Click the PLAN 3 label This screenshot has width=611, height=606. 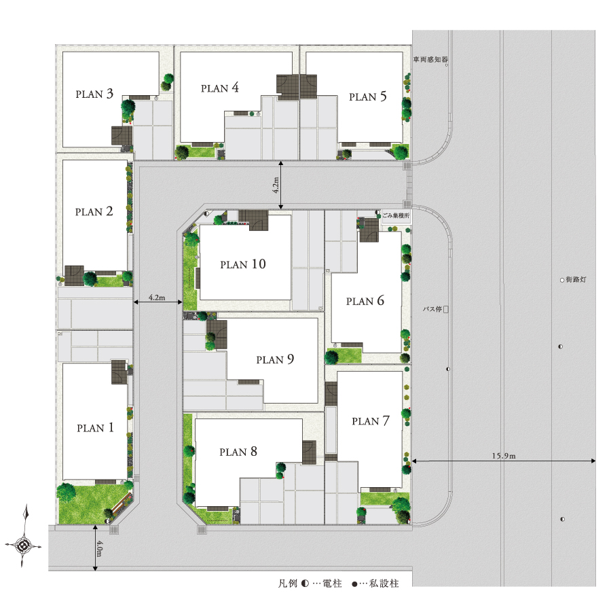94,94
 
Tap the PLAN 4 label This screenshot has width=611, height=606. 220,88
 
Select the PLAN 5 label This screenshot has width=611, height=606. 368,96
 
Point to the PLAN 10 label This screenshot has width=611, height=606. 243,264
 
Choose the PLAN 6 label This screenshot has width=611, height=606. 365,301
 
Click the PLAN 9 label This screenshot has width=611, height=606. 275,359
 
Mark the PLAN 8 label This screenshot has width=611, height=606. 238,452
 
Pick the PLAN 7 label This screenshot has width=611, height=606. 371,421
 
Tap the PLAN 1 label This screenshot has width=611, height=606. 96,428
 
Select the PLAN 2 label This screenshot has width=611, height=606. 94,211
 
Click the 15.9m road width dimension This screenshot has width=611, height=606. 504,456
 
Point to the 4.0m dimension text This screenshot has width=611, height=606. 99,548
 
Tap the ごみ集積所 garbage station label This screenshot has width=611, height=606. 396,215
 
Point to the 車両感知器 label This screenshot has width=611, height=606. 430,59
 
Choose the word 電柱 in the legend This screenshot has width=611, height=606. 333,584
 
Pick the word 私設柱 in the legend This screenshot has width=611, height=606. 384,584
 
